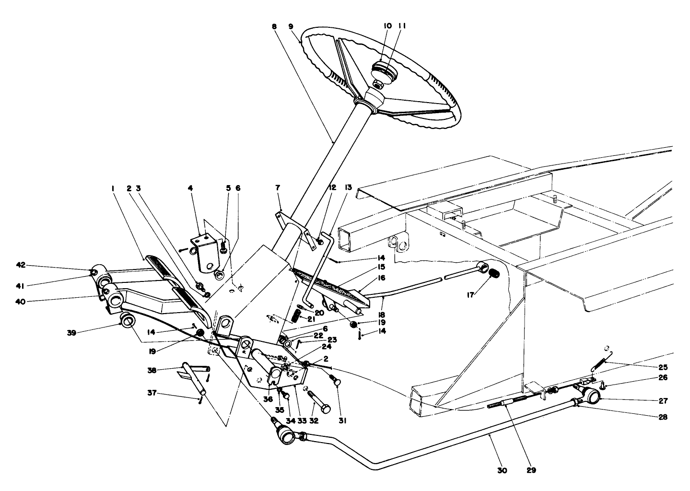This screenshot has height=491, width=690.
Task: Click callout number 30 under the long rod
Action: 501,471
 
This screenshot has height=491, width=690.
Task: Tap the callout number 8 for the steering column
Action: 274,27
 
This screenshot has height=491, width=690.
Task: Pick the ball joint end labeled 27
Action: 593,396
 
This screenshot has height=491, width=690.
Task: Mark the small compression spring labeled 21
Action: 296,316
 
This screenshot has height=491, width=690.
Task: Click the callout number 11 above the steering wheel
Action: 402,26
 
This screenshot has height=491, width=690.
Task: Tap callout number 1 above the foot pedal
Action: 113,189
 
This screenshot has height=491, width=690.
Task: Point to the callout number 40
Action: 20,301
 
